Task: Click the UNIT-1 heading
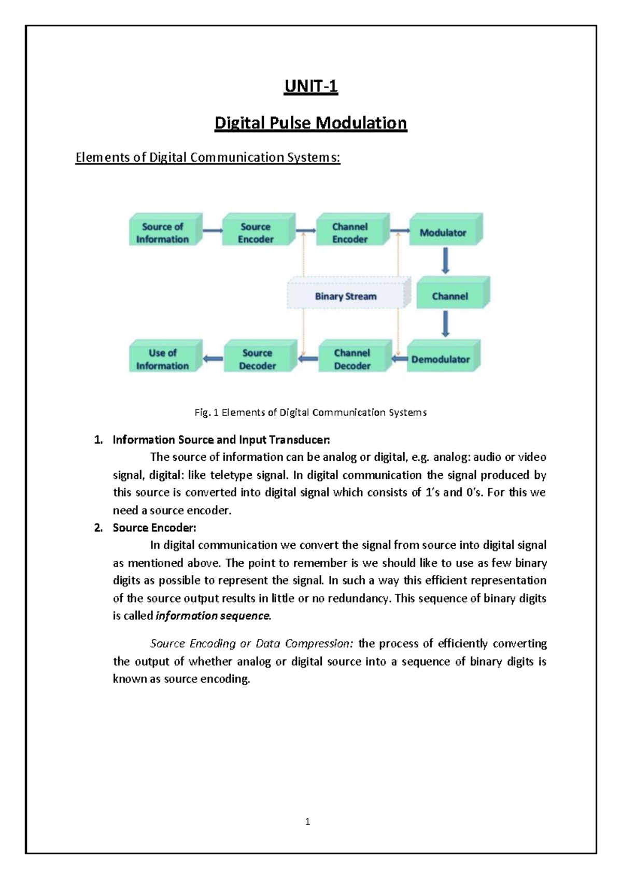[311, 86]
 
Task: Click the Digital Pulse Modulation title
[311, 123]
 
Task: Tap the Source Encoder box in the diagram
[256, 233]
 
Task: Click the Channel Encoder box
[350, 233]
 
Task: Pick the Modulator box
[444, 233]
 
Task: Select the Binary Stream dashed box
[346, 296]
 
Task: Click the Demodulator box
[441, 359]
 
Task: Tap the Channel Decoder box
[352, 359]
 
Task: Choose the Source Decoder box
[258, 359]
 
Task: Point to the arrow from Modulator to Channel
[445, 261]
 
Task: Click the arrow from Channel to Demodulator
[445, 324]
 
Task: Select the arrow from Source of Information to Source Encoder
[213, 231]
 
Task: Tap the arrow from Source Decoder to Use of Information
[213, 358]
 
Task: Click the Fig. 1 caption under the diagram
[310, 413]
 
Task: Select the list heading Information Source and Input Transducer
[221, 440]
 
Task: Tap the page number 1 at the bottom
[308, 821]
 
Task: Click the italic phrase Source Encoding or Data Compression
[251, 644]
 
